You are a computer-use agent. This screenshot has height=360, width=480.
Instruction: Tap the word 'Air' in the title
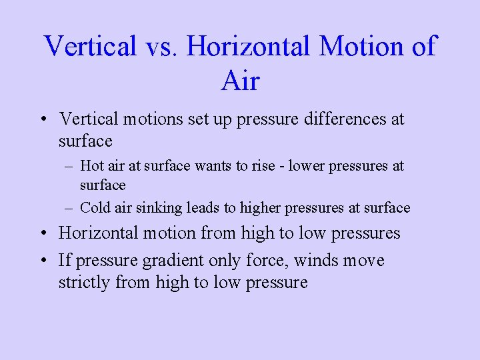(240, 81)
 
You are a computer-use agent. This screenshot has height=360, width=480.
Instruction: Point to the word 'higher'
(260, 208)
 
